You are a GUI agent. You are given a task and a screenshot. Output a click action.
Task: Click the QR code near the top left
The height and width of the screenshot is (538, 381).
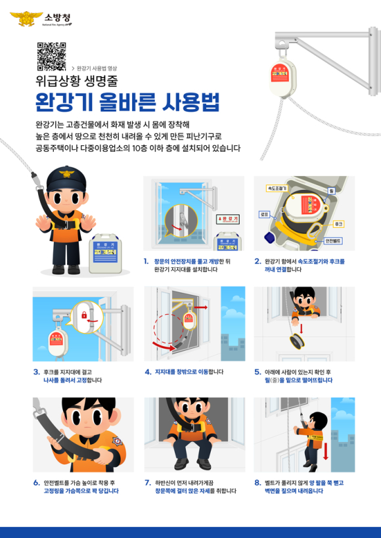(51, 56)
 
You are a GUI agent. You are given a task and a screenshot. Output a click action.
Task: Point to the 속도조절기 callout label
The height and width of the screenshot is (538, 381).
(277, 188)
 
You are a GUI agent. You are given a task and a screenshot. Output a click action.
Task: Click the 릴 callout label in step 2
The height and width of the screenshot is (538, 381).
(332, 191)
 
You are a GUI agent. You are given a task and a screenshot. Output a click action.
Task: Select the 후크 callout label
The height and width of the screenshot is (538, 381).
(338, 224)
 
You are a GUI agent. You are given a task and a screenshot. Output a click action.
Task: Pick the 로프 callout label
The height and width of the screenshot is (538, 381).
(263, 213)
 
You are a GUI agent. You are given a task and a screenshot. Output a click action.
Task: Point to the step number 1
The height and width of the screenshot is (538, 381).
(146, 261)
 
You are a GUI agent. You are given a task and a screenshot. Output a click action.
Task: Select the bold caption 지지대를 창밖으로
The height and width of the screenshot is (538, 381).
(176, 372)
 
